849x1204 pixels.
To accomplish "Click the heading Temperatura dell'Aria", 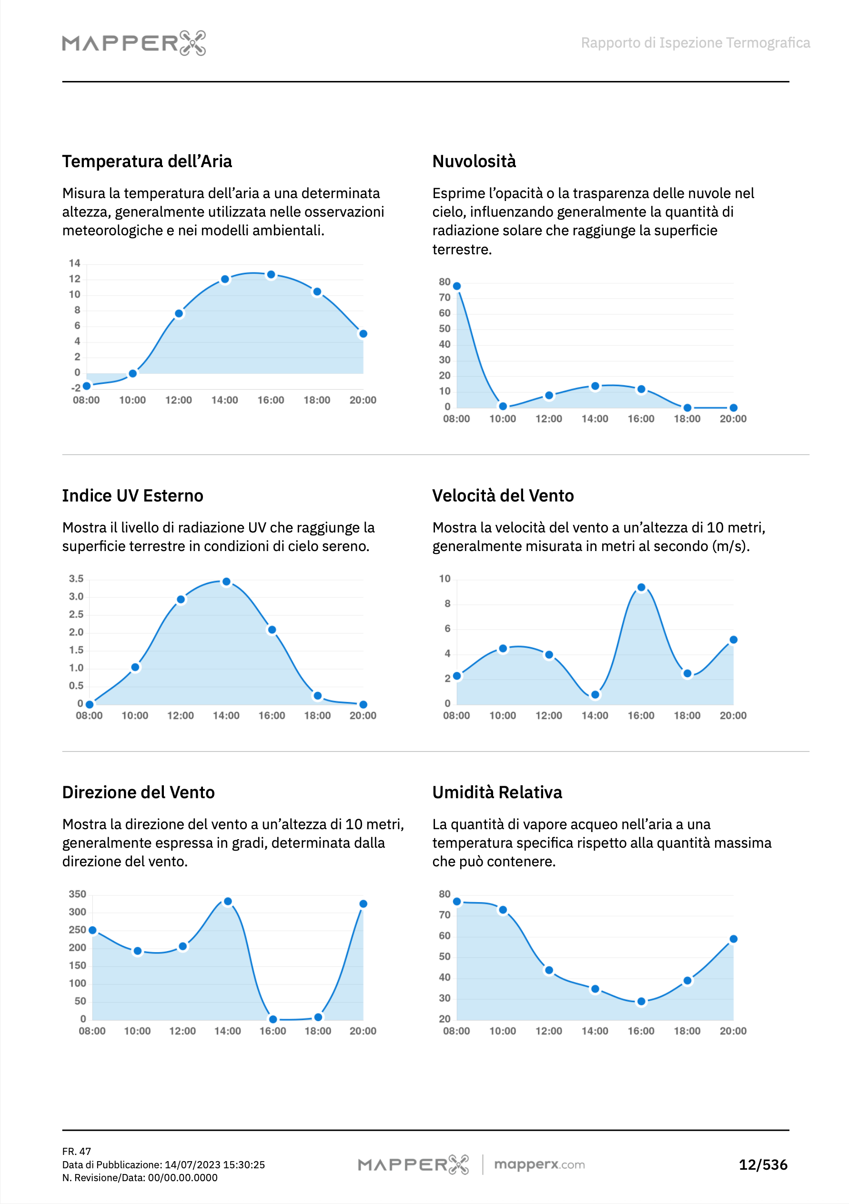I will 147,161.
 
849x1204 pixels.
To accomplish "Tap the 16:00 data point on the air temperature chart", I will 271,275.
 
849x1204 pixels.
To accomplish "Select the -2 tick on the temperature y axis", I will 76,388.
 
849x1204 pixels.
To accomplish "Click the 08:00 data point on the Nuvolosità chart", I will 456,286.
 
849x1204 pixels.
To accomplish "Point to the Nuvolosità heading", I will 474,161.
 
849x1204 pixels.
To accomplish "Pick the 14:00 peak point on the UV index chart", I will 226,582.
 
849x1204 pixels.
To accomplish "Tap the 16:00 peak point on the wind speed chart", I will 641,587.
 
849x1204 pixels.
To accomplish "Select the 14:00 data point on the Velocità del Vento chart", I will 595,695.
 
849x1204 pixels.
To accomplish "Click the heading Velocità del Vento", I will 503,495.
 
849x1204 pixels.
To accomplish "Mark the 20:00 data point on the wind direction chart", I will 363,904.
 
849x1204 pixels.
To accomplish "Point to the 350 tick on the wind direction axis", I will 77,894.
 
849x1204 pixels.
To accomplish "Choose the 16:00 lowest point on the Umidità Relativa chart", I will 641,1002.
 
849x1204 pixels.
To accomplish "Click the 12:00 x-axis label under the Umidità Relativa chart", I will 548,1031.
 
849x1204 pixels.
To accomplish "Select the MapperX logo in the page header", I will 134,42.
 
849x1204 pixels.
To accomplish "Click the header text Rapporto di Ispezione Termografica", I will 695,42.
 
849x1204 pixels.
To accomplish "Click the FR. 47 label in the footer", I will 77,1152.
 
